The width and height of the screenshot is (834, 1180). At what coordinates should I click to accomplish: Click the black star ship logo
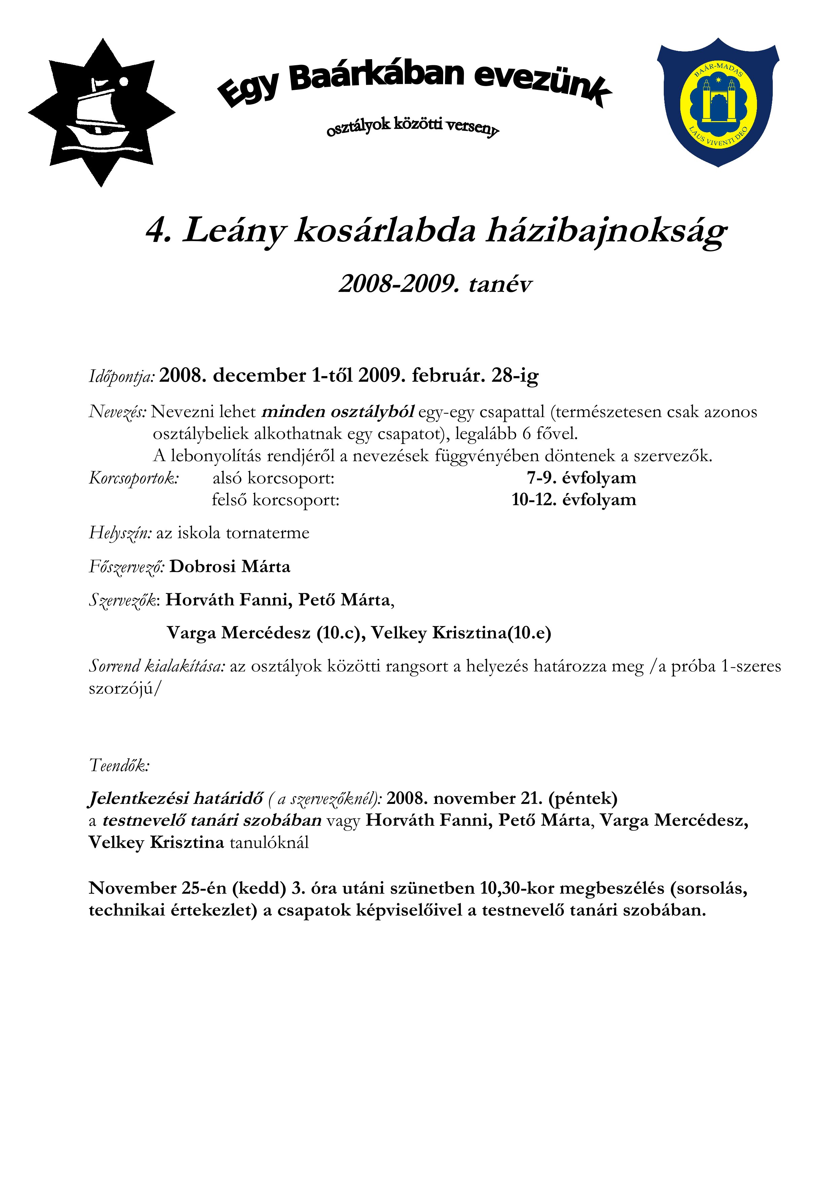click(x=101, y=113)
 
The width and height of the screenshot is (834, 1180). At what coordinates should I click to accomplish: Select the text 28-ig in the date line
click(x=515, y=376)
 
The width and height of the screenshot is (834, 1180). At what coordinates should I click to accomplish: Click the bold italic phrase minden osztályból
click(x=338, y=412)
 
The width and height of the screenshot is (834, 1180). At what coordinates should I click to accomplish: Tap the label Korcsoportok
click(x=134, y=478)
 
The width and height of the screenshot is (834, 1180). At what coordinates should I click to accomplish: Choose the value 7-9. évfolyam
click(x=581, y=478)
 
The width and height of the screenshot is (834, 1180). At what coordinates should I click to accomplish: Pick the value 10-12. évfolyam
click(x=574, y=500)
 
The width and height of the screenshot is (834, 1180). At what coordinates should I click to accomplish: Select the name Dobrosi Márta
click(x=230, y=566)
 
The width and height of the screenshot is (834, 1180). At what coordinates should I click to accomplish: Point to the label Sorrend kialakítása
click(x=157, y=666)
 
